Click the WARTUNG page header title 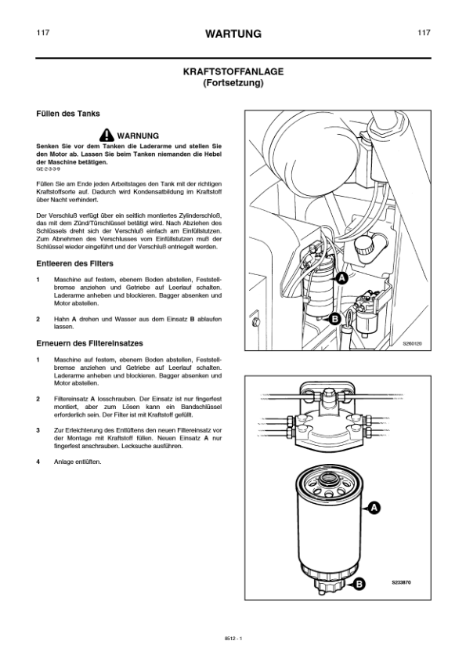(x=233, y=34)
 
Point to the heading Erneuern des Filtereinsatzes (x=85, y=342)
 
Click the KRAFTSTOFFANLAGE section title (x=233, y=71)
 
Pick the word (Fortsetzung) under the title (x=233, y=82)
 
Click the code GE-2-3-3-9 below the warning (x=48, y=168)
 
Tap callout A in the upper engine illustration (x=342, y=277)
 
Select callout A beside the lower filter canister (x=374, y=509)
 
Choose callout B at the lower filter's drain (x=359, y=583)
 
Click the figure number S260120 (x=412, y=343)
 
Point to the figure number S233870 (x=401, y=583)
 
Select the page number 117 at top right (x=424, y=33)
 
